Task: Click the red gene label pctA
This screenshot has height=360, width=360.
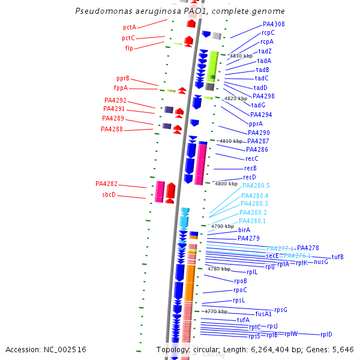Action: pos(130,27)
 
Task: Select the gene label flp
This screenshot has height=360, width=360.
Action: pos(129,48)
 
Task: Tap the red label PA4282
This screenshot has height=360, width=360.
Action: pos(106,184)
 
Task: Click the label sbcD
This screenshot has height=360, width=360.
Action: pos(108,195)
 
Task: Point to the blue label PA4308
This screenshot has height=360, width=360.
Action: pos(274,25)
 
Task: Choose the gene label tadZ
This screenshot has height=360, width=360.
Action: pos(265,52)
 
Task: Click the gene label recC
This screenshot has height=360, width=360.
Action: pos(251,158)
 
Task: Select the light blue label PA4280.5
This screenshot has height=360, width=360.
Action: pos(256,186)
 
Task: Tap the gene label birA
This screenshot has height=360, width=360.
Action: pos(244,230)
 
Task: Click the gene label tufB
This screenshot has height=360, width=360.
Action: pos(338,257)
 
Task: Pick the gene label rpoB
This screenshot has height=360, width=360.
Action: pos(241,281)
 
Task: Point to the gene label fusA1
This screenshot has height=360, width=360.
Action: pos(264,313)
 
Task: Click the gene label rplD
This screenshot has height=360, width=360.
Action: pos(326,334)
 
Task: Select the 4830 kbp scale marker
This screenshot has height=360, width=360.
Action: pos(242,56)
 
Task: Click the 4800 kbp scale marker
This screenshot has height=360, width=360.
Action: pos(226,184)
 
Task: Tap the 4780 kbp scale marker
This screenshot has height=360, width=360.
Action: pos(218,269)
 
